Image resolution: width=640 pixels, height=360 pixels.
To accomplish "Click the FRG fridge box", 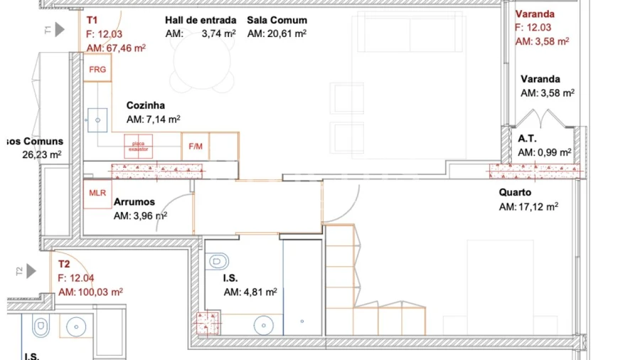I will [97, 70].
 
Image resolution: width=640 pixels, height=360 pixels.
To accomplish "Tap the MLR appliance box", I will [97, 193].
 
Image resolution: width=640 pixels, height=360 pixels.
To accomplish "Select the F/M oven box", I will [195, 147].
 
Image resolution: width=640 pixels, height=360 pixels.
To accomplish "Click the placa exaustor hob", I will [138, 147].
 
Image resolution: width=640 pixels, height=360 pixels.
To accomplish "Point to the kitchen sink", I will [96, 120].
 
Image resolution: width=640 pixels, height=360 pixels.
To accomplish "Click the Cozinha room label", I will [145, 105].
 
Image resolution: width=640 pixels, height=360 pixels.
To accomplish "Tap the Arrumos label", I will [134, 202].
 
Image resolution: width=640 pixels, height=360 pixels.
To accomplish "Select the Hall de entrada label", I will [201, 20].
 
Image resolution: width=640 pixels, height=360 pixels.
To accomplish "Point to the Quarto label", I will [515, 192].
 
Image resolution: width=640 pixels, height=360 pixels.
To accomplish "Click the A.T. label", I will [526, 138].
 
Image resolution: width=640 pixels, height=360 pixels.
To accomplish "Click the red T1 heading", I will [91, 21].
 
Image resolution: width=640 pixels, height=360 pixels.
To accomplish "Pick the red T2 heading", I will [64, 264].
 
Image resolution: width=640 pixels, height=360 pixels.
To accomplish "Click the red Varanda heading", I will [535, 14].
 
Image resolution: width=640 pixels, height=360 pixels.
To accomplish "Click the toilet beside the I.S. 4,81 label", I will [218, 262].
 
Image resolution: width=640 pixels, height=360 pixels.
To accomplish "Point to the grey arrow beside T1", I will [60, 29].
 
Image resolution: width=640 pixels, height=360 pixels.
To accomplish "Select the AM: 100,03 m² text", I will [90, 292].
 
